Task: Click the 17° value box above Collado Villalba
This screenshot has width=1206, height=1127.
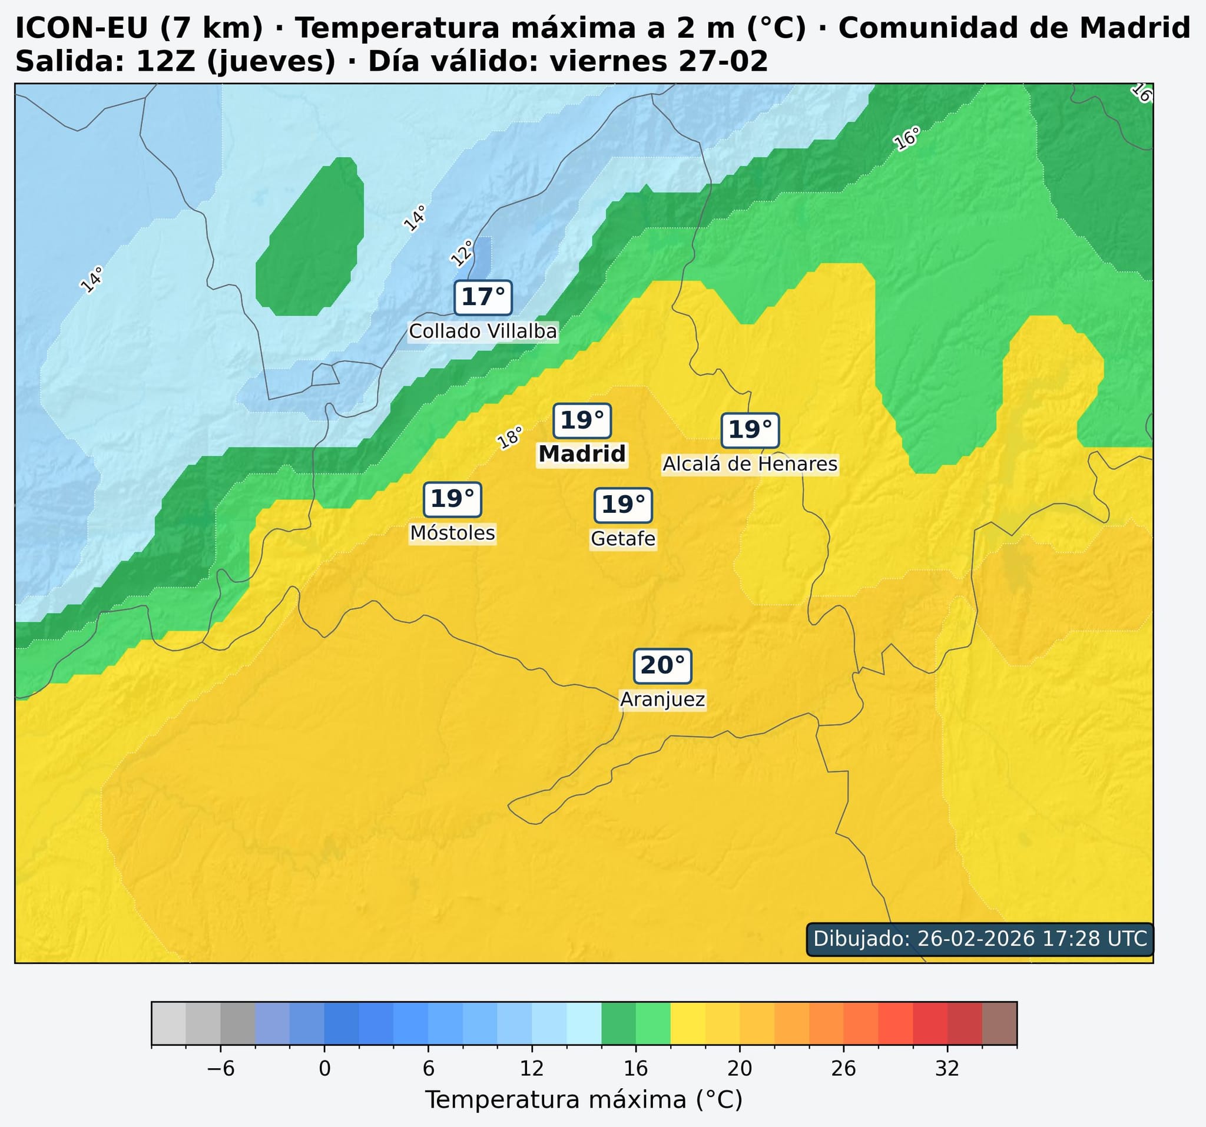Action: click(x=483, y=298)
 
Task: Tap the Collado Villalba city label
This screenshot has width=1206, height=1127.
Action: click(x=483, y=332)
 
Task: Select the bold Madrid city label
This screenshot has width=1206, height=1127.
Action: click(x=582, y=454)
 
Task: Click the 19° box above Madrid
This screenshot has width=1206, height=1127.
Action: click(x=582, y=420)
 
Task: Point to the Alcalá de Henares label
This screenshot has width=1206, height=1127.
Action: click(x=750, y=464)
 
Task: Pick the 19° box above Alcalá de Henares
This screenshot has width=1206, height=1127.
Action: click(x=750, y=430)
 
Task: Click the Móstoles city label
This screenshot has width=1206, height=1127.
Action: click(x=453, y=533)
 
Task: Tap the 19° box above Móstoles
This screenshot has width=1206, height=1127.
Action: click(x=453, y=499)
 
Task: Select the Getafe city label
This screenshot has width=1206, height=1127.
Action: click(x=623, y=539)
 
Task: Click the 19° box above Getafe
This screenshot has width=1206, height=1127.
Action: click(x=623, y=505)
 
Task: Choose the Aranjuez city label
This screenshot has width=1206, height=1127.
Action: click(x=662, y=700)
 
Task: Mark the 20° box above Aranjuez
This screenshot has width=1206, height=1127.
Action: click(x=662, y=665)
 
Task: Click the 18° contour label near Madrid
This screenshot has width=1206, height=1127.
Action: click(x=509, y=438)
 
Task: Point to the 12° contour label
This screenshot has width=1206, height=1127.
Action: click(x=462, y=254)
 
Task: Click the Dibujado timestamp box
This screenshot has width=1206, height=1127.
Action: click(x=980, y=939)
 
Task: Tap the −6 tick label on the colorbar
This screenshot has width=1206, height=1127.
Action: click(x=220, y=1069)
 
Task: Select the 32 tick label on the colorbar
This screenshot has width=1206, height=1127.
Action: click(x=947, y=1069)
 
